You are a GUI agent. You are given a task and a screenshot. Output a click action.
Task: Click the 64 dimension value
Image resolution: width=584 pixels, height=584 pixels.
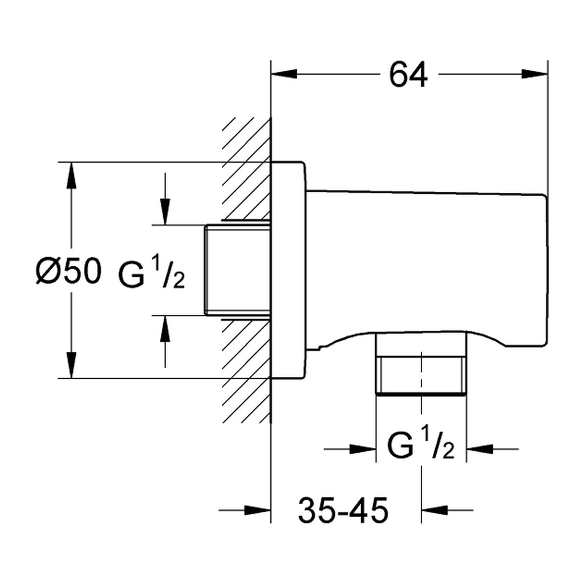(x=408, y=75)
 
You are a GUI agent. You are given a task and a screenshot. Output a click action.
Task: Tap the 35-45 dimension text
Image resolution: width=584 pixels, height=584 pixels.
(x=343, y=510)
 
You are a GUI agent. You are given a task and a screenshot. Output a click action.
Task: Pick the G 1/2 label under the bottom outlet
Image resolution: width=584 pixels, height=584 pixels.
(x=421, y=443)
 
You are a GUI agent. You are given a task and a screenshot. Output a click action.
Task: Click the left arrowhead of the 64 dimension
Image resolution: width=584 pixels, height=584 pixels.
(x=285, y=74)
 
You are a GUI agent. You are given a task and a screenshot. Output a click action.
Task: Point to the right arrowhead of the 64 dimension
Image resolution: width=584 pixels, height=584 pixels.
(x=534, y=74)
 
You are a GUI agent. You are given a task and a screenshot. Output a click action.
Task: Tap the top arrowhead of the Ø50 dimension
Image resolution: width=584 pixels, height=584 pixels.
(x=71, y=176)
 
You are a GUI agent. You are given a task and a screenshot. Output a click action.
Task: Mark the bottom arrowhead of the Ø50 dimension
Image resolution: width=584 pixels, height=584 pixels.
(x=71, y=365)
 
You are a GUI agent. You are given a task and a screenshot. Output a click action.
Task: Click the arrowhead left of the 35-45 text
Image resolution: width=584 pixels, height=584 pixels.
(x=257, y=510)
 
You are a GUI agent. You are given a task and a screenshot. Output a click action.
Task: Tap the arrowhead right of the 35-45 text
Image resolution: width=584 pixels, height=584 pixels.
(x=435, y=510)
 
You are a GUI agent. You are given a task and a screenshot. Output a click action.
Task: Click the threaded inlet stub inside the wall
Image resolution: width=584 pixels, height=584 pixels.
(x=238, y=270)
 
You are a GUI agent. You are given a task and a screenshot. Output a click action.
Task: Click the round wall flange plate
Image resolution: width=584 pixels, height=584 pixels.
(x=289, y=270)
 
